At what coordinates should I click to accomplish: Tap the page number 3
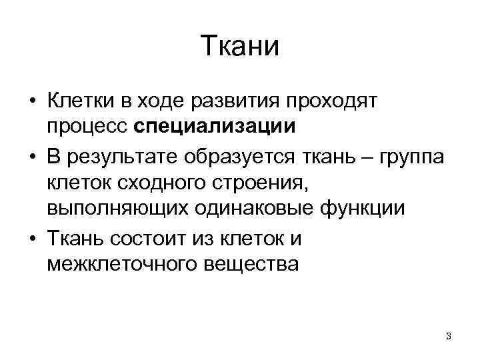click(449, 336)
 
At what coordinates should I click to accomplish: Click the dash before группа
click(367, 157)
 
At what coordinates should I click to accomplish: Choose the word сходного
click(156, 182)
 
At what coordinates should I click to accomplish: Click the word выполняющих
click(115, 207)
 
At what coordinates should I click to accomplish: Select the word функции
click(367, 207)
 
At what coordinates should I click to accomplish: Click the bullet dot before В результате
click(31, 158)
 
